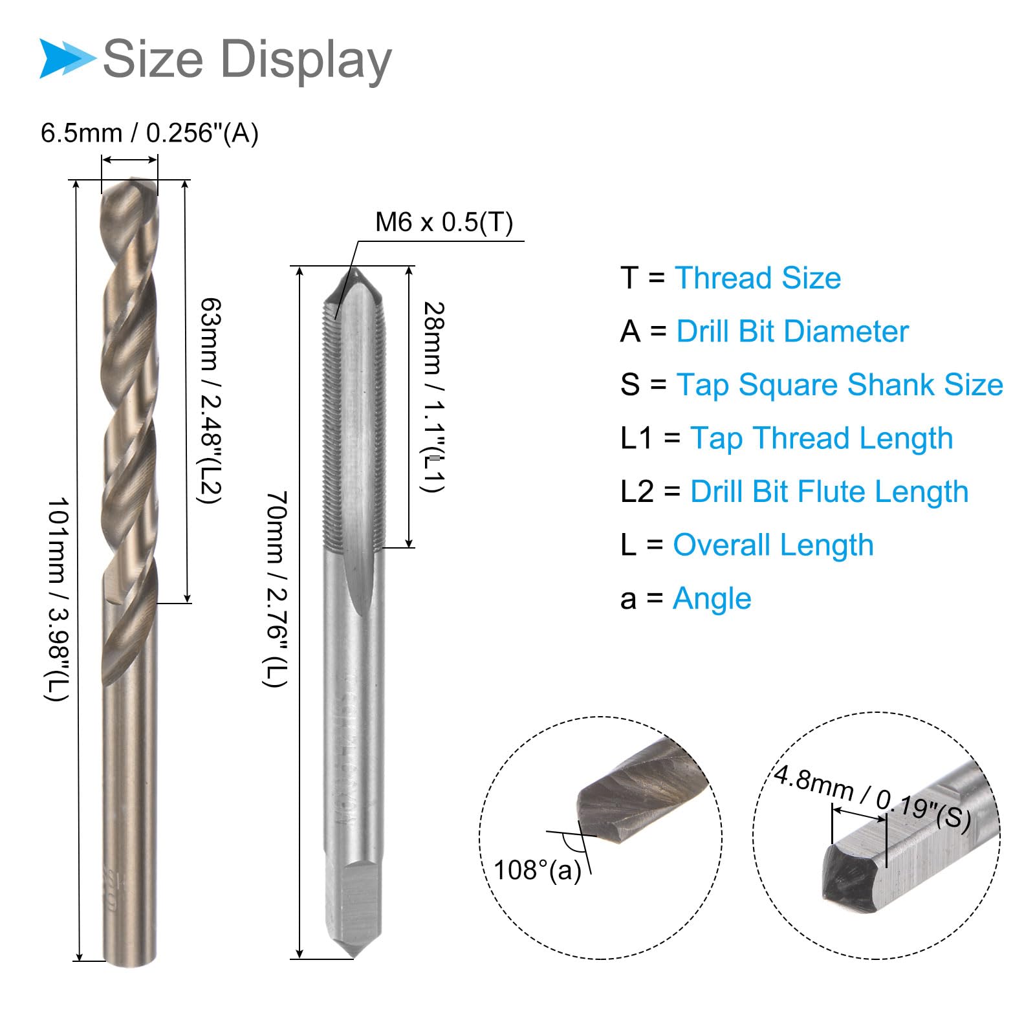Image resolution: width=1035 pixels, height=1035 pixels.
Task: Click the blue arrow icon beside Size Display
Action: click(68, 58)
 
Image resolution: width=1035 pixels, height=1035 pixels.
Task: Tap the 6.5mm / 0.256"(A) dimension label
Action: click(149, 133)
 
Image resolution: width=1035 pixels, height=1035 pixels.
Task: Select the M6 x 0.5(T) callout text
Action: click(444, 222)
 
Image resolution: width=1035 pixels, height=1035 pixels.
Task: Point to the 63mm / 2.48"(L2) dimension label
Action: click(210, 400)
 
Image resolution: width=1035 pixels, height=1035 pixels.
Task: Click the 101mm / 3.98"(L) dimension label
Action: click(56, 599)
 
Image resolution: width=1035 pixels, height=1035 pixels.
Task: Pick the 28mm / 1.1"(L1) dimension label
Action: click(433, 397)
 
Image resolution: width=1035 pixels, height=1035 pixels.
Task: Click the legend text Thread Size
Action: click(757, 278)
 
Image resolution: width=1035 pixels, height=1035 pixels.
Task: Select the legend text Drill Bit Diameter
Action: click(792, 331)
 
